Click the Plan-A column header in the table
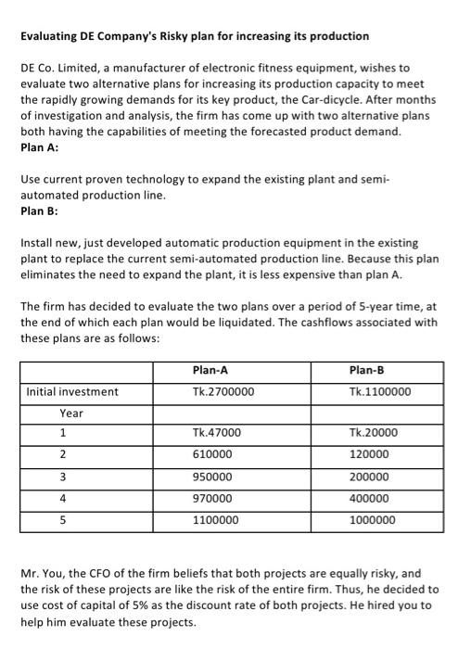211,370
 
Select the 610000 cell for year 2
213,455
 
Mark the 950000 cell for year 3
213,477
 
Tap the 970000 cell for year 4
213,499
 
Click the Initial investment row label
72,392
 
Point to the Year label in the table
71,413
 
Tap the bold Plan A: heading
38,146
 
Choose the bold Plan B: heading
38,210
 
